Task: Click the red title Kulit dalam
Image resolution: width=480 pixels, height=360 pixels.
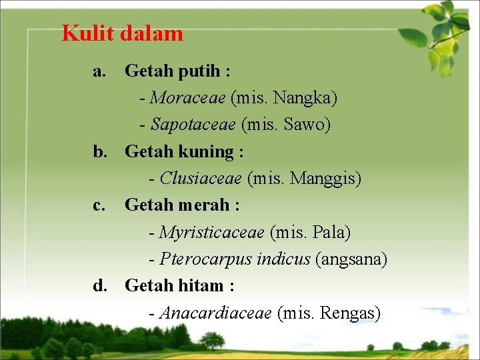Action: click(122, 33)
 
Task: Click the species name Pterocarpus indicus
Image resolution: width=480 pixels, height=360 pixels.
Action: click(235, 259)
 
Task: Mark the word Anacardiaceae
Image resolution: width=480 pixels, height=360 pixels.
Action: click(215, 313)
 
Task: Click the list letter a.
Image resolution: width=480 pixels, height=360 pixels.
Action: click(99, 71)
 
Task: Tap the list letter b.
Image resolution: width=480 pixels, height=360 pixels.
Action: click(99, 152)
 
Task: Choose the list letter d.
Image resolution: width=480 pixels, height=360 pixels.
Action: click(99, 286)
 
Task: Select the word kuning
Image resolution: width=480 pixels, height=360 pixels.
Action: click(205, 152)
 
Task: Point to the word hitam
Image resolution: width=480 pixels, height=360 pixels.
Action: click(200, 286)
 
